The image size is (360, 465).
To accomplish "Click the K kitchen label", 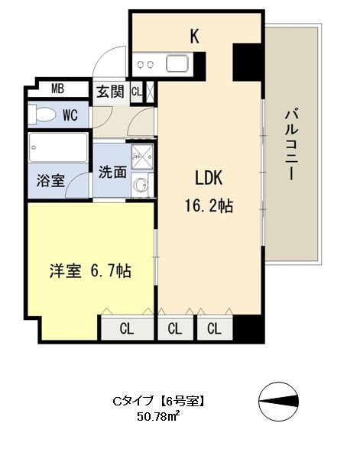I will [x=194, y=35].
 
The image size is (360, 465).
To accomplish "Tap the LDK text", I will [x=207, y=178].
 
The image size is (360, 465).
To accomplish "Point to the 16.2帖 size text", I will [x=207, y=205].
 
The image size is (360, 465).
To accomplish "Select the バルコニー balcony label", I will [x=290, y=145].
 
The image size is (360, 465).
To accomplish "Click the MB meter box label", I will [x=58, y=89].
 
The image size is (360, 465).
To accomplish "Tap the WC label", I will [x=70, y=116].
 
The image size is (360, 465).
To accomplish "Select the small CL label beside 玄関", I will [x=136, y=92].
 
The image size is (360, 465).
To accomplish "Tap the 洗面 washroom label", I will [x=112, y=172].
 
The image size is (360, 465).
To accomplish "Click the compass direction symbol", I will [x=284, y=400].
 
